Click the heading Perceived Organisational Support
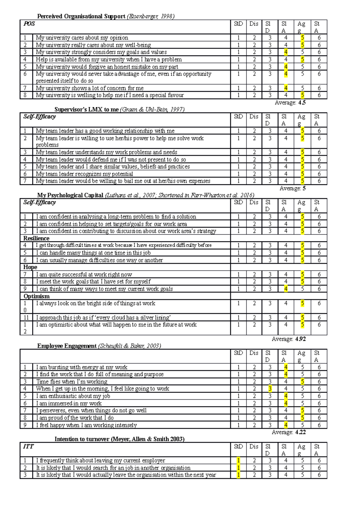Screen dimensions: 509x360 (x=81, y=16)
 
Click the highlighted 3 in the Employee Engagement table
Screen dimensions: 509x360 (x=270, y=389)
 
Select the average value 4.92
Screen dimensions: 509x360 (x=300, y=339)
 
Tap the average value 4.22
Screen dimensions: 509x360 (x=300, y=432)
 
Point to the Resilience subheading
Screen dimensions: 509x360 (x=36, y=238)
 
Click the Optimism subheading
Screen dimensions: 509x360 (x=37, y=296)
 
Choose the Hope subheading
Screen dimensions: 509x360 (x=30, y=267)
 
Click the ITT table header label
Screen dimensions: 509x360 (x=28, y=447)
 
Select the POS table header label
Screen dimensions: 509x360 (x=29, y=24)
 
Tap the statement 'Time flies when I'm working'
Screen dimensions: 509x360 (x=72, y=382)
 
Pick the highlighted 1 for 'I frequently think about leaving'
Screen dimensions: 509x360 (x=238, y=460)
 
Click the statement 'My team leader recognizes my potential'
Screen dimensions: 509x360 (x=84, y=174)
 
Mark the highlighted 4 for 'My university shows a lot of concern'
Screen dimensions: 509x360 (x=286, y=88)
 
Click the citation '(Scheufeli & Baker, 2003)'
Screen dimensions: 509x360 (x=129, y=346)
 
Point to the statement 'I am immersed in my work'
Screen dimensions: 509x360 (x=69, y=403)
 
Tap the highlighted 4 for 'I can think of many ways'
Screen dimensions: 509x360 (x=286, y=289)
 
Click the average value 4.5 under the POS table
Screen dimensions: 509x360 (x=302, y=103)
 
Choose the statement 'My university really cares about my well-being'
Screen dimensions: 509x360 (x=93, y=45)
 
